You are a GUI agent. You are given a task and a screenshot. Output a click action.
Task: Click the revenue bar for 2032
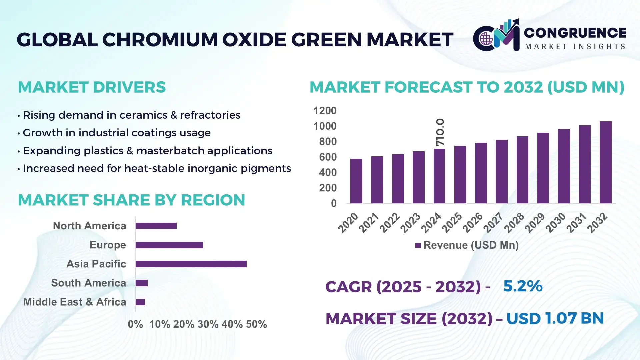605,162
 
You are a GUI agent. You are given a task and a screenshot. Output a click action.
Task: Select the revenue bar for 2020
356,181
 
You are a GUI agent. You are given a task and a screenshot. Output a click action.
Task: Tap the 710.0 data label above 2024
440,132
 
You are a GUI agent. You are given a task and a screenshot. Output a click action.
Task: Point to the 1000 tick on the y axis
325,126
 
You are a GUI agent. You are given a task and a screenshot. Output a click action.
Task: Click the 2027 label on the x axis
493,222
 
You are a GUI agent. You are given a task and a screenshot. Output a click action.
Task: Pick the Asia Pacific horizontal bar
191,264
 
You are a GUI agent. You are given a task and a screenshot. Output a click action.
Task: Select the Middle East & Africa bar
140,302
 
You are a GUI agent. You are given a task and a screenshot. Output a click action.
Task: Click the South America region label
89,283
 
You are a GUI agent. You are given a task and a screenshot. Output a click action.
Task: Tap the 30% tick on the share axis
208,324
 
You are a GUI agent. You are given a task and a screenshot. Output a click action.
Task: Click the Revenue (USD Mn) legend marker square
418,245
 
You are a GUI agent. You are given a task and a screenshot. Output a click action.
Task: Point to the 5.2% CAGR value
522,286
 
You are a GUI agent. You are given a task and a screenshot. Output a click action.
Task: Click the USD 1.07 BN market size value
555,318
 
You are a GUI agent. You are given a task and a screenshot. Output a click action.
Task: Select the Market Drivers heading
92,87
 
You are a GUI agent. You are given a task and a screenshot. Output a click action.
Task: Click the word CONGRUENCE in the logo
575,33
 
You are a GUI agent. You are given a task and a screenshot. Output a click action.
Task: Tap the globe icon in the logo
486,39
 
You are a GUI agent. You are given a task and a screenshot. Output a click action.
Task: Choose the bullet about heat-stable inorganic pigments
157,168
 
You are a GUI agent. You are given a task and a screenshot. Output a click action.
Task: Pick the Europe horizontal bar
169,245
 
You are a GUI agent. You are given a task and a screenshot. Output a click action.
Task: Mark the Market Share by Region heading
131,200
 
